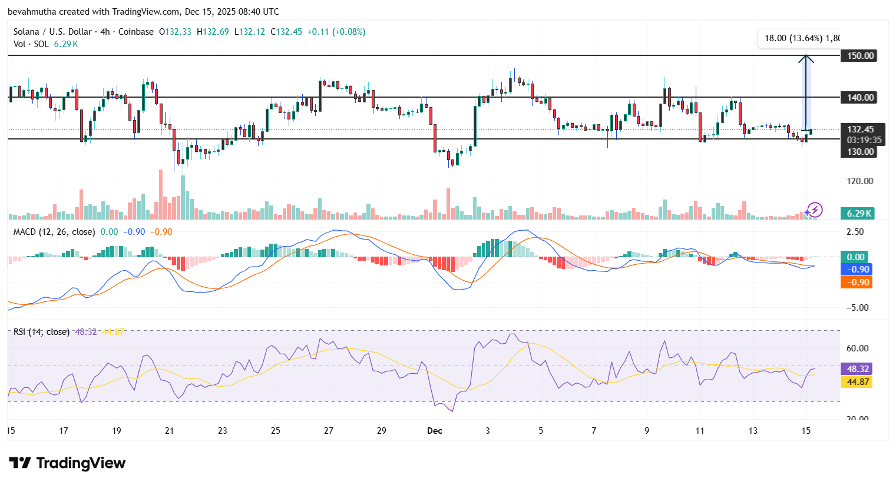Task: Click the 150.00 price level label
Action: coord(861,56)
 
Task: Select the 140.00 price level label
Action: coord(861,98)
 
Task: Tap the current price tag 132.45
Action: coord(861,129)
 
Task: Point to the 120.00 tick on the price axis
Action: coord(859,181)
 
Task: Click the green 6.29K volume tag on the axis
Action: coord(859,214)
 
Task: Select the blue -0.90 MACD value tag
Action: coord(858,270)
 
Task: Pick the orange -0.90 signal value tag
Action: coord(858,283)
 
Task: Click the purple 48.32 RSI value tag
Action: coord(858,369)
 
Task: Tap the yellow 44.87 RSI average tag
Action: coord(858,382)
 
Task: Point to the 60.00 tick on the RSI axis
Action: coord(857,348)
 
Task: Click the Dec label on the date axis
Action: coord(435,431)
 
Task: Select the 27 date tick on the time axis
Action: coord(329,431)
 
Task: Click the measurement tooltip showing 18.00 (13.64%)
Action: coord(799,38)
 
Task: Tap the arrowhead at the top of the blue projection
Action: coord(806,58)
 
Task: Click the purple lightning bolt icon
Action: coord(815,210)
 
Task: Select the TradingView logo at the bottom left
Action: coord(67,463)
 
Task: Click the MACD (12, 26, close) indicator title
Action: coord(54,232)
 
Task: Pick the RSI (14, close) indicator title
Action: coord(41,332)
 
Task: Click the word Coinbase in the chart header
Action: coord(135,32)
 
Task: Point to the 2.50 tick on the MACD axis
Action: coord(855,232)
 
